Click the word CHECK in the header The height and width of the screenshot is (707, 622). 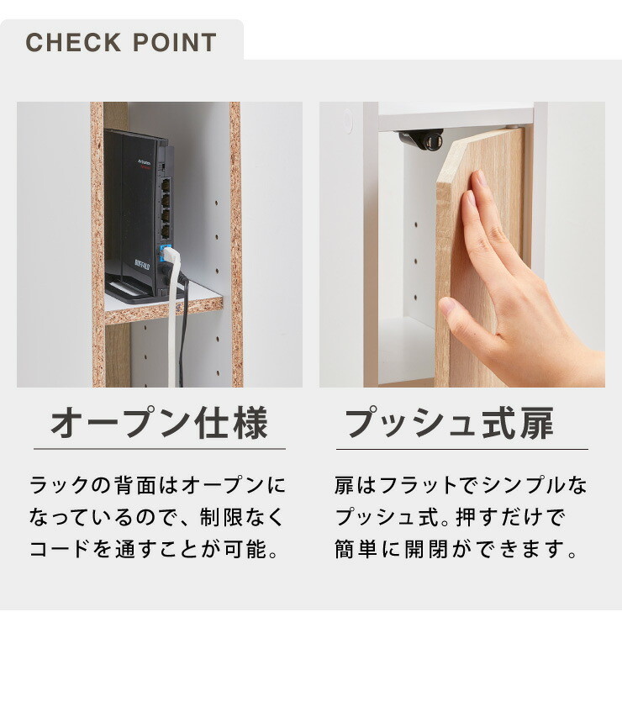(x=73, y=42)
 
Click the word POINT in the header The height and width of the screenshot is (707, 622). (x=175, y=42)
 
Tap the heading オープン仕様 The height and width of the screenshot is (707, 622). (x=159, y=423)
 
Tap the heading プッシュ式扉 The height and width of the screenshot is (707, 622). (x=450, y=423)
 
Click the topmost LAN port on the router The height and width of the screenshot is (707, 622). (x=166, y=185)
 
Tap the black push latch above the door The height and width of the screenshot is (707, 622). (x=421, y=140)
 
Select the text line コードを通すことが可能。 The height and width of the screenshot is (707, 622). (x=155, y=549)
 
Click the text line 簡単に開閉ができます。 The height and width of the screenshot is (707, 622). (x=456, y=549)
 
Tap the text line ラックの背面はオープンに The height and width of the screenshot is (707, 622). (x=158, y=485)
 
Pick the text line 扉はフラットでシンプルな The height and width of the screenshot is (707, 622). (x=461, y=485)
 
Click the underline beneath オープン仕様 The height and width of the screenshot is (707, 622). (x=160, y=449)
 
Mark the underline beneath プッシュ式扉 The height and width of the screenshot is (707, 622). (x=462, y=449)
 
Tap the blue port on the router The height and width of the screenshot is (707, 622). (x=165, y=251)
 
